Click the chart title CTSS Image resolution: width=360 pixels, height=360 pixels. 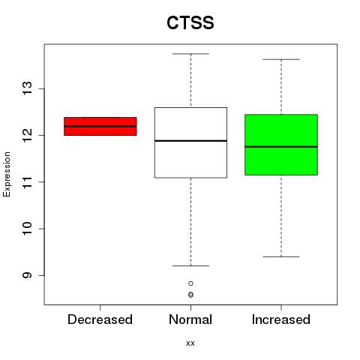[190, 22]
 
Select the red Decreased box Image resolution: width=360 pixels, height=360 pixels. [100, 126]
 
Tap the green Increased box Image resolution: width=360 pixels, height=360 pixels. [281, 145]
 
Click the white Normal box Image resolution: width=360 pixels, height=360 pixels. [190, 142]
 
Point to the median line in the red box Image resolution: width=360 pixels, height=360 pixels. [100, 126]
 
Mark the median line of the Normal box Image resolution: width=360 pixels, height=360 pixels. [190, 141]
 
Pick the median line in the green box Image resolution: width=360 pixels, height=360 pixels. [281, 147]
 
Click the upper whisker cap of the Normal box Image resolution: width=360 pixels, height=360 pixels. [190, 54]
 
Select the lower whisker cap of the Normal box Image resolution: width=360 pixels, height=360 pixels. [190, 265]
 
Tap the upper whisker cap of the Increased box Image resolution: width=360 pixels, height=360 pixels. [281, 59]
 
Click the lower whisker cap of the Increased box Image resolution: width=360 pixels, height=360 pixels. [281, 256]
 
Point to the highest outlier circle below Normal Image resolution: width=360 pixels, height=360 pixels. [190, 283]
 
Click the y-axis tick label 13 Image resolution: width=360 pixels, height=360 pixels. [27, 88]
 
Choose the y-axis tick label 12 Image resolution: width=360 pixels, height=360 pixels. [27, 135]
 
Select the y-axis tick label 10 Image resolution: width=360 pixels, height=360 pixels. [27, 229]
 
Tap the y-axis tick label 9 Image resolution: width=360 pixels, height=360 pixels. [27, 275]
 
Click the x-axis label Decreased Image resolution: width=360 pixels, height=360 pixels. [100, 319]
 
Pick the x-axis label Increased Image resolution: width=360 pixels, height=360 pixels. [281, 319]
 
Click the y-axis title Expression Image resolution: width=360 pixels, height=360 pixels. [7, 174]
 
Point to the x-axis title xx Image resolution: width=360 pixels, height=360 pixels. [190, 343]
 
